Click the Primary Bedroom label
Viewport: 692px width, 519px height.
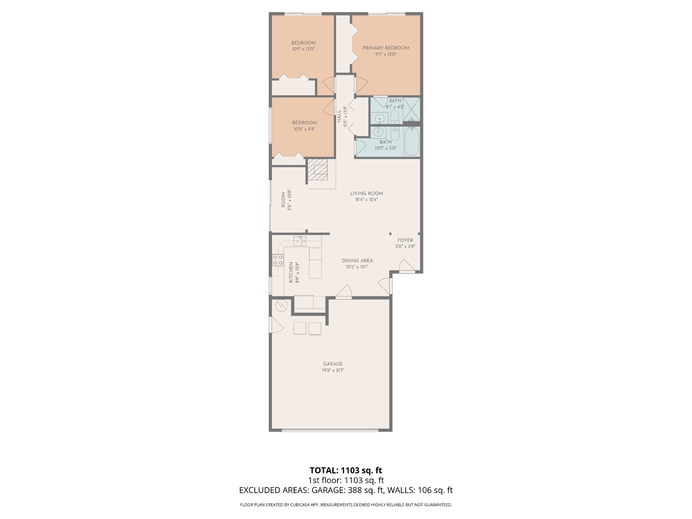pyautogui.click(x=385, y=48)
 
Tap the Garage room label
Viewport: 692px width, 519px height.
pyautogui.click(x=333, y=364)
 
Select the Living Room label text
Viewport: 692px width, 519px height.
pyautogui.click(x=366, y=193)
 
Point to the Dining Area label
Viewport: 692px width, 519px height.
pyautogui.click(x=357, y=261)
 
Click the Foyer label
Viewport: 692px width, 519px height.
pyautogui.click(x=405, y=240)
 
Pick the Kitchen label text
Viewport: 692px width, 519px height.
pyautogui.click(x=291, y=272)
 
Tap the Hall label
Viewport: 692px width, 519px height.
pyautogui.click(x=339, y=116)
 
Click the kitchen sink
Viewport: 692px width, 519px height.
pyautogui.click(x=300, y=241)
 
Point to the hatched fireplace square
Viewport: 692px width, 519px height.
pyautogui.click(x=318, y=169)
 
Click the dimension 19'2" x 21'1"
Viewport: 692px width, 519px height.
pyautogui.click(x=333, y=371)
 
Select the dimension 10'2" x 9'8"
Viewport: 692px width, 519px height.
pyautogui.click(x=304, y=129)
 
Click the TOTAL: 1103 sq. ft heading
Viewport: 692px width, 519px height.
pyautogui.click(x=346, y=470)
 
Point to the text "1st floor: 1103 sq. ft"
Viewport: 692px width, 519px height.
pyautogui.click(x=346, y=480)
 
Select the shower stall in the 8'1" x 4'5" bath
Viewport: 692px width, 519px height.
pyautogui.click(x=412, y=109)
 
